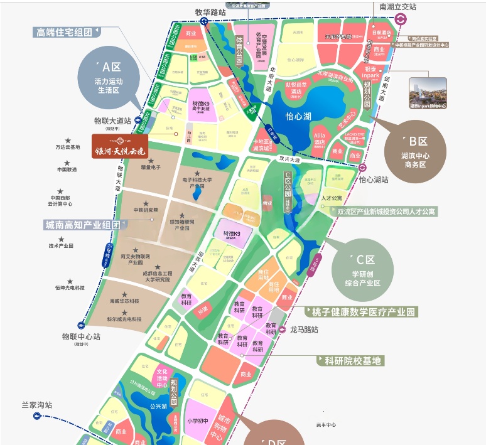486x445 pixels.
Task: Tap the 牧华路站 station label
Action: coord(210,11)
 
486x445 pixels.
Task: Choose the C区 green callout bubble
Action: coord(365,271)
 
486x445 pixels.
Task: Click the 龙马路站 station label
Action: coord(304,329)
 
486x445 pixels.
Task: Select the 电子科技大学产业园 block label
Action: coord(198,183)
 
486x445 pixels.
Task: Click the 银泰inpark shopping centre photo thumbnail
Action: coord(428,94)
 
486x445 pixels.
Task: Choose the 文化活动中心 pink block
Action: coord(162,377)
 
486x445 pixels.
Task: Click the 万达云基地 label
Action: coord(68,147)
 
